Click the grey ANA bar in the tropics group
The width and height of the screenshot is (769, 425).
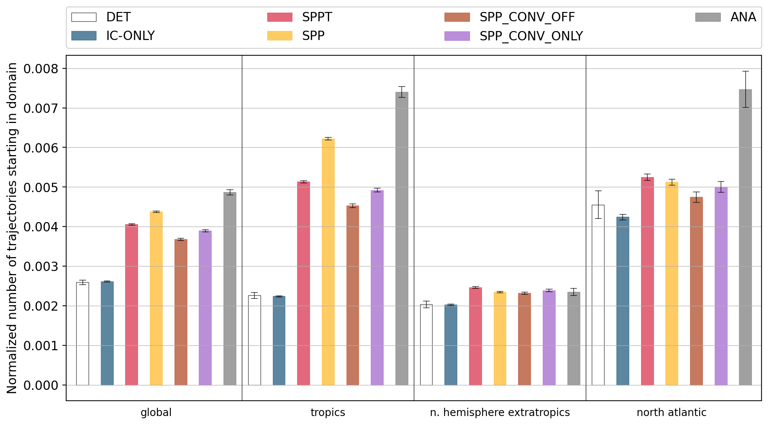(x=402, y=239)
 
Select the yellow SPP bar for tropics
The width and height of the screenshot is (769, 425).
(x=328, y=262)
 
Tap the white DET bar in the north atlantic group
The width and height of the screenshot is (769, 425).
(x=598, y=295)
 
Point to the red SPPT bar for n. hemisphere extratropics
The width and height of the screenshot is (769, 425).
(x=475, y=336)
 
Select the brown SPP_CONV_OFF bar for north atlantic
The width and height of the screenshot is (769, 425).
(x=696, y=291)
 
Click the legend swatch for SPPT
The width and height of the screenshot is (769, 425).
(x=279, y=17)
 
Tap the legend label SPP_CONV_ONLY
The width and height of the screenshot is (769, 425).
(x=531, y=36)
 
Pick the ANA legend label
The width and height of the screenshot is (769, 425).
(x=743, y=17)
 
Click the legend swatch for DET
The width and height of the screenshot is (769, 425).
(x=84, y=17)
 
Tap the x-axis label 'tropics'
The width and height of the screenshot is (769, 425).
(x=328, y=413)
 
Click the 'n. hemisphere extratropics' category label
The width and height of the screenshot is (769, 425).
(x=500, y=413)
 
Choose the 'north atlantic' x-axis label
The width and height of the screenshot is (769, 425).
(x=671, y=413)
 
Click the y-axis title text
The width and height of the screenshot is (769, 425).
(x=12, y=228)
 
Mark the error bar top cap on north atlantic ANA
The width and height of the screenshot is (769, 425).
(x=745, y=71)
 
